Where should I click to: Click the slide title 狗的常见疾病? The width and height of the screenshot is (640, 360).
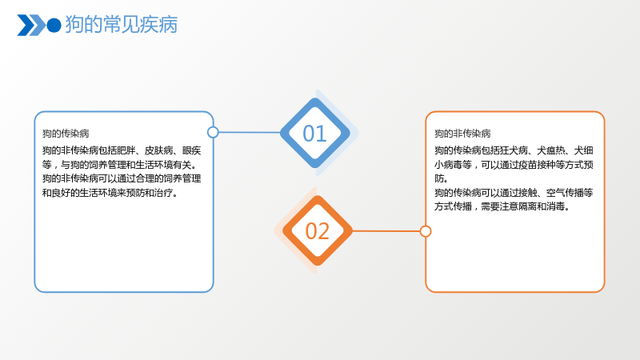pos(122,25)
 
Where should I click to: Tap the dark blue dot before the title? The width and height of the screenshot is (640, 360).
pos(54,26)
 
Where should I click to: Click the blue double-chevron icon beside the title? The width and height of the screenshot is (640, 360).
pos(31,26)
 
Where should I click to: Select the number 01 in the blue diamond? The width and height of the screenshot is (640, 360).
pos(314,134)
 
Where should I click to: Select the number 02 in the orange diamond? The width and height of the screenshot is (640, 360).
pos(317,231)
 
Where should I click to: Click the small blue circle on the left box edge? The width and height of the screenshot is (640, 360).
pos(213,132)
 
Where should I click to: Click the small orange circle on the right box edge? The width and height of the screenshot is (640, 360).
pos(426,231)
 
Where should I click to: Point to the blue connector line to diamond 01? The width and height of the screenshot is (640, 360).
pos(250,132)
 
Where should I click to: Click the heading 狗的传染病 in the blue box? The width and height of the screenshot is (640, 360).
pos(66,134)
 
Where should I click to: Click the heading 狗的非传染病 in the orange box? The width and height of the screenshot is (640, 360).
pos(462,134)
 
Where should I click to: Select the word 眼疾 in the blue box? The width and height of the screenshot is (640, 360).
pos(191,150)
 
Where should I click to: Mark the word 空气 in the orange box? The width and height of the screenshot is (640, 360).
pos(555,193)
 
